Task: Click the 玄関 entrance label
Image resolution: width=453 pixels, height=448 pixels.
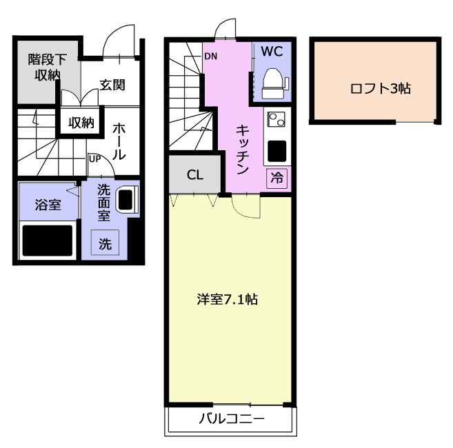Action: coord(112,85)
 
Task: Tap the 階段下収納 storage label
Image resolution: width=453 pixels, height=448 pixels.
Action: coord(48,67)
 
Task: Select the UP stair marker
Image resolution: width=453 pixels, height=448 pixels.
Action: coord(94,159)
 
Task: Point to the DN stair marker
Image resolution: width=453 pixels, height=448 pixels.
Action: coord(210,56)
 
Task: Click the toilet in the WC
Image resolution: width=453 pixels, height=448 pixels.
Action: coord(274,84)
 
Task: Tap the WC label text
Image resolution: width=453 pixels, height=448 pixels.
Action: coord(272,52)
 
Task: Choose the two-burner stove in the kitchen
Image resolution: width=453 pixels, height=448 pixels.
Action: coord(276,119)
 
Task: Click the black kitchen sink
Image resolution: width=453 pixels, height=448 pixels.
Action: coord(276,151)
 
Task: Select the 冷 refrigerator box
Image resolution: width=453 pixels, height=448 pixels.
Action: coord(276,179)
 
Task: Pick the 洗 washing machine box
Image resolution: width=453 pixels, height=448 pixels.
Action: coord(105,243)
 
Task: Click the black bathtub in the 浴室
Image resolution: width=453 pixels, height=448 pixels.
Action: coord(48,241)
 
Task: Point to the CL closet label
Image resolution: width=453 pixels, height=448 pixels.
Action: coord(195,175)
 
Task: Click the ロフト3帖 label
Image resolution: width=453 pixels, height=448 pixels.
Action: coord(380,88)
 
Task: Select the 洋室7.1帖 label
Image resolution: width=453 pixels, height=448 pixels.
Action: coord(228,300)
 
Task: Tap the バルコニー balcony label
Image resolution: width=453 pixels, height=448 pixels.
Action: coord(232,418)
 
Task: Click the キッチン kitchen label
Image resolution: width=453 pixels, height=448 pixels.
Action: coord(243,150)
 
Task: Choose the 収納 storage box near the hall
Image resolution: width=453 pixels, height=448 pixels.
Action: coord(81,123)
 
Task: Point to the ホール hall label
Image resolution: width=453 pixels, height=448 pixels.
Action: coord(119,141)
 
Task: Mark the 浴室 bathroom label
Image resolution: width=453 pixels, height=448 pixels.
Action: coord(48,205)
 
